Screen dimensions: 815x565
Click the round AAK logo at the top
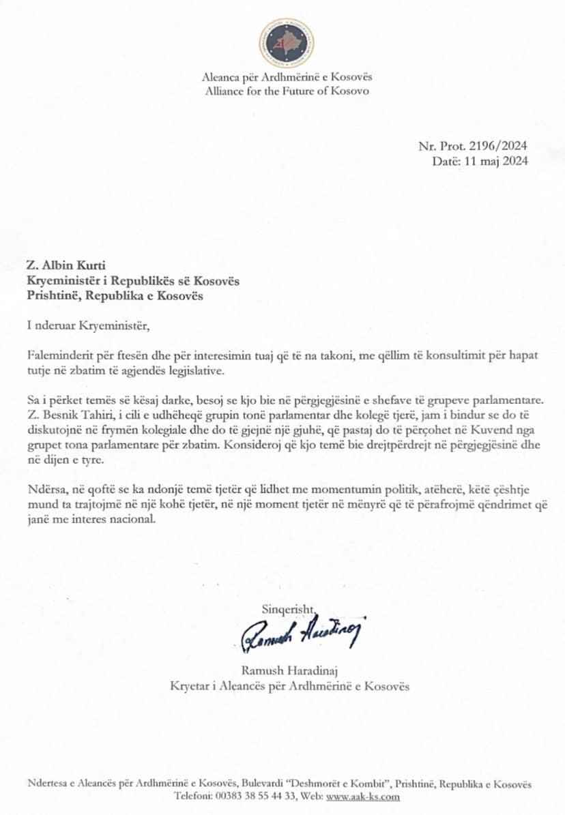point(287,42)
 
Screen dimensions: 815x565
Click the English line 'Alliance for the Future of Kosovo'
point(287,91)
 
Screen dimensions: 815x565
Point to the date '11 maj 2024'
point(496,162)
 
